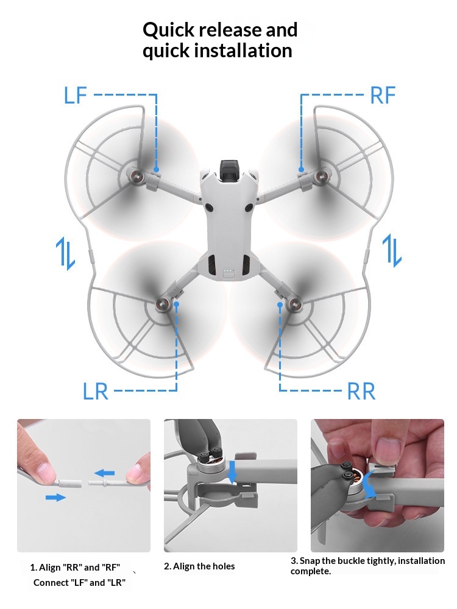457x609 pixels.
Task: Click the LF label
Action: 76,95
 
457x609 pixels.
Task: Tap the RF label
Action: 383,96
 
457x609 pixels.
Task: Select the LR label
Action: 96,391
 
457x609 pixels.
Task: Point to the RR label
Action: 361,391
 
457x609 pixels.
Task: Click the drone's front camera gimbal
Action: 230,171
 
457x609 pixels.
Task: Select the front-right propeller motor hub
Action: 321,177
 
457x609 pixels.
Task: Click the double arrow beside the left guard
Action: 65,253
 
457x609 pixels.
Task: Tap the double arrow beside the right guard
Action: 392,250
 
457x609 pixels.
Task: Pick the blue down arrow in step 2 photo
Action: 232,472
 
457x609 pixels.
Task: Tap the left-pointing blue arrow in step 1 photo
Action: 105,473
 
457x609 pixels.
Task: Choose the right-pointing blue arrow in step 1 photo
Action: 55,497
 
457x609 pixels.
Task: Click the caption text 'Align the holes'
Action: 204,566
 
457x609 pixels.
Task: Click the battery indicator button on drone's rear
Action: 229,275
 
